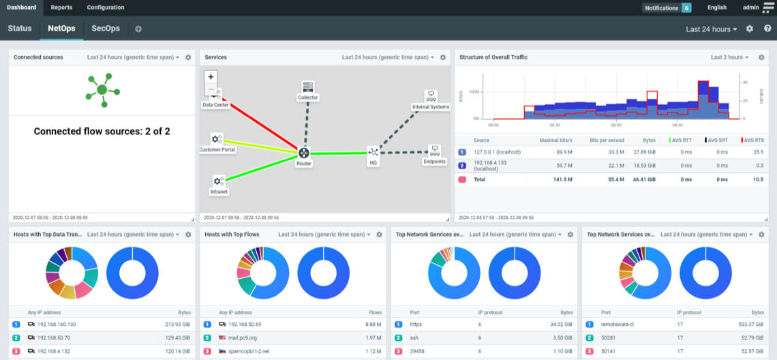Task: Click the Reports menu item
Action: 61,7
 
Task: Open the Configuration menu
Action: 106,7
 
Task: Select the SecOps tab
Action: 106,29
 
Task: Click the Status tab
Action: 20,29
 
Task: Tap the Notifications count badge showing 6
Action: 686,8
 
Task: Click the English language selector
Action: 717,7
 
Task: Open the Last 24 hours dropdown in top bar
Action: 712,29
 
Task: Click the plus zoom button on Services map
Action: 211,77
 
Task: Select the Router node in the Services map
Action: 303,153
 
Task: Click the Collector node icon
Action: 308,87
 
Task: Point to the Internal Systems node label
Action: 431,107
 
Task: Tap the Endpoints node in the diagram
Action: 434,151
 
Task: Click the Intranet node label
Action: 218,192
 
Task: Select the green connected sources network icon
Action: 102,89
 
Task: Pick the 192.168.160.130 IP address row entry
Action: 57,325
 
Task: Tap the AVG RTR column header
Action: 752,140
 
